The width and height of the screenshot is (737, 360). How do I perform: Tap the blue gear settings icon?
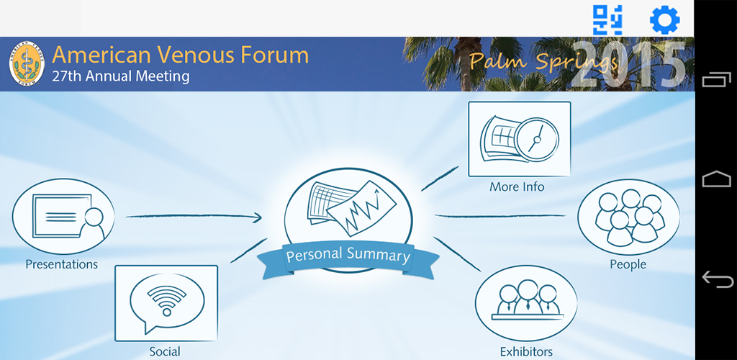click(x=664, y=19)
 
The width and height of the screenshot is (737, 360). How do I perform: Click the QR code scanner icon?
click(x=607, y=19)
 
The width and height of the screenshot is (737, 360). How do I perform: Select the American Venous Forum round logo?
click(x=27, y=63)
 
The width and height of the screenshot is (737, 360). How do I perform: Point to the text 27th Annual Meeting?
click(x=121, y=76)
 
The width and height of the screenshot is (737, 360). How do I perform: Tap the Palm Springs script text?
click(x=543, y=60)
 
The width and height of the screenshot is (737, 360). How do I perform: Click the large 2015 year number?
click(x=628, y=66)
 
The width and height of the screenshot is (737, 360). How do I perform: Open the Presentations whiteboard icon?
click(x=63, y=216)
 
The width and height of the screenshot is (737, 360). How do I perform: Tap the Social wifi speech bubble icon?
click(x=166, y=303)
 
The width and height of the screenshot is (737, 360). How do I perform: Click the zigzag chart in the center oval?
click(x=362, y=209)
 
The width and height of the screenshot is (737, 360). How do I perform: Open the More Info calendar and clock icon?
click(x=520, y=139)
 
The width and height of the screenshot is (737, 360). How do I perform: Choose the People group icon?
click(x=628, y=217)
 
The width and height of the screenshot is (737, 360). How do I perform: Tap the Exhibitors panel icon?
click(x=526, y=302)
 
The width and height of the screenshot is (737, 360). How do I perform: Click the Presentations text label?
click(x=62, y=264)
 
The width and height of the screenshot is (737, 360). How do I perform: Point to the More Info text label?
click(x=517, y=186)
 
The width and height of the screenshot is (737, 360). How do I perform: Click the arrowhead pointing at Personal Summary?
click(x=257, y=217)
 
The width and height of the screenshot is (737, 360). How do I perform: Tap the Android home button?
click(x=717, y=179)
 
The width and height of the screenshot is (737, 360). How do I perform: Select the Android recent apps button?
click(x=717, y=79)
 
